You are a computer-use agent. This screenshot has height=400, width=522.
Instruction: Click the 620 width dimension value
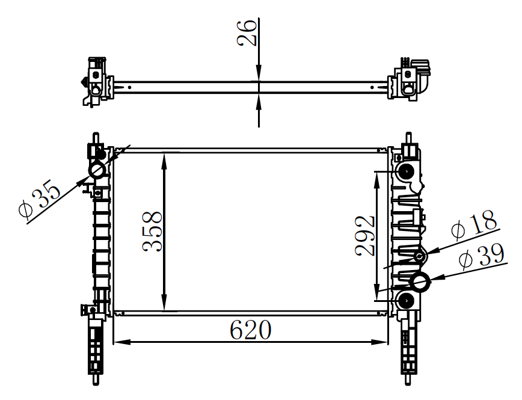[x=251, y=330]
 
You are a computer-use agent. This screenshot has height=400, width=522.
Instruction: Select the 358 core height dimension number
[x=153, y=231]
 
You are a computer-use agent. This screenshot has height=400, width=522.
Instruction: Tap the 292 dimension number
[x=365, y=236]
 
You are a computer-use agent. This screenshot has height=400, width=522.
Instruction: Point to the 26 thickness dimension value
[x=247, y=32]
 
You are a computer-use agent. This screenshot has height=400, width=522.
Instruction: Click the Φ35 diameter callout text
[x=40, y=199]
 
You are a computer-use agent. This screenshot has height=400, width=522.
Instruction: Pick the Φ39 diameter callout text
[x=481, y=256]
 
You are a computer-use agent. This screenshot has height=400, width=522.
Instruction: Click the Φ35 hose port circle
[x=97, y=170]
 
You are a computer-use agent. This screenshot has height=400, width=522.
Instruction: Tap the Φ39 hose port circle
[x=420, y=283]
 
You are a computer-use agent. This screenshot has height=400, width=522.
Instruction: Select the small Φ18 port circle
[x=420, y=256]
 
